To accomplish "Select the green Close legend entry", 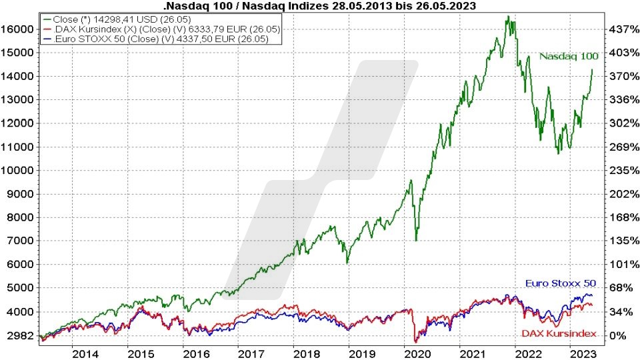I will click(x=126, y=20).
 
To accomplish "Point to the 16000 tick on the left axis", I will click(x=17, y=29).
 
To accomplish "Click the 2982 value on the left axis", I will click(x=20, y=335).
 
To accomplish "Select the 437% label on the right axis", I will click(x=619, y=29).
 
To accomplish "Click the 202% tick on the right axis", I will click(x=619, y=194).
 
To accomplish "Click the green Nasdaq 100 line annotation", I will click(x=569, y=56).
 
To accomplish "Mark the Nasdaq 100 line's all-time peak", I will click(x=508, y=17).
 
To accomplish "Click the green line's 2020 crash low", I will click(x=416, y=241).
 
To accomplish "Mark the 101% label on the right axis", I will click(x=619, y=264).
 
